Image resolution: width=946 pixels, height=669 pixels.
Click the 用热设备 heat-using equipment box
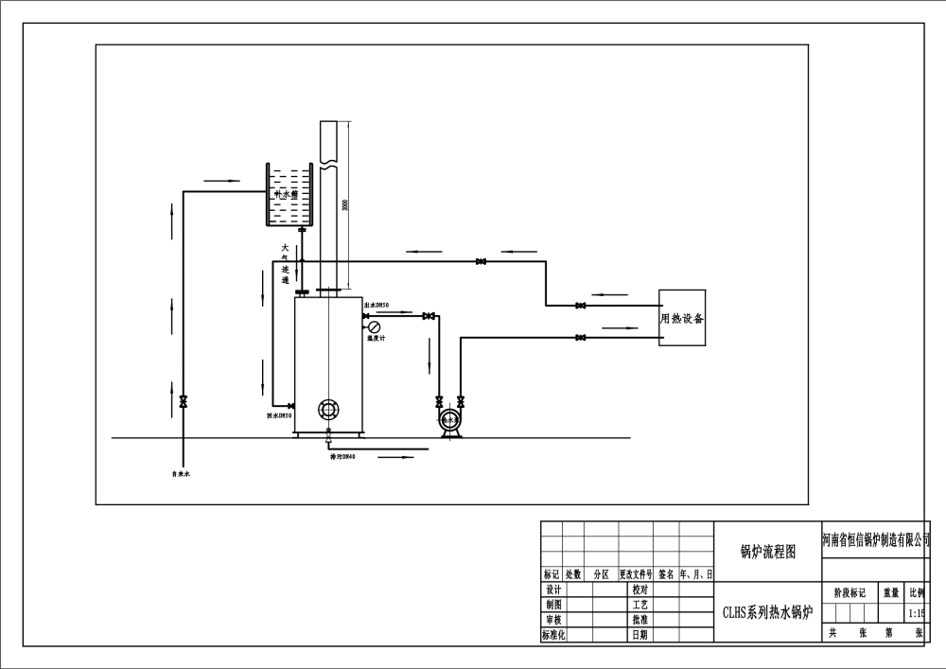point(682,319)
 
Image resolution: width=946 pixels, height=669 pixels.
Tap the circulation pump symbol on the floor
point(449,419)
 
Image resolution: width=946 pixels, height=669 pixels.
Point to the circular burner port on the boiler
point(327,410)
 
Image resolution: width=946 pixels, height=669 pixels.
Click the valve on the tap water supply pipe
point(183,401)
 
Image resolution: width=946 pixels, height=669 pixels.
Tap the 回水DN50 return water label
point(279,415)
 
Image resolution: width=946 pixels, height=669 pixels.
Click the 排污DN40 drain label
point(342,457)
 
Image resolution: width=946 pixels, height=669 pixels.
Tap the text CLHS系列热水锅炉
point(767,611)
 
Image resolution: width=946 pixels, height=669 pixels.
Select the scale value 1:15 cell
point(916,613)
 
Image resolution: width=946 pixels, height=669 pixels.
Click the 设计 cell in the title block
point(553,589)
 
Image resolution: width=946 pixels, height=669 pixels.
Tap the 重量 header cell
point(891,593)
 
